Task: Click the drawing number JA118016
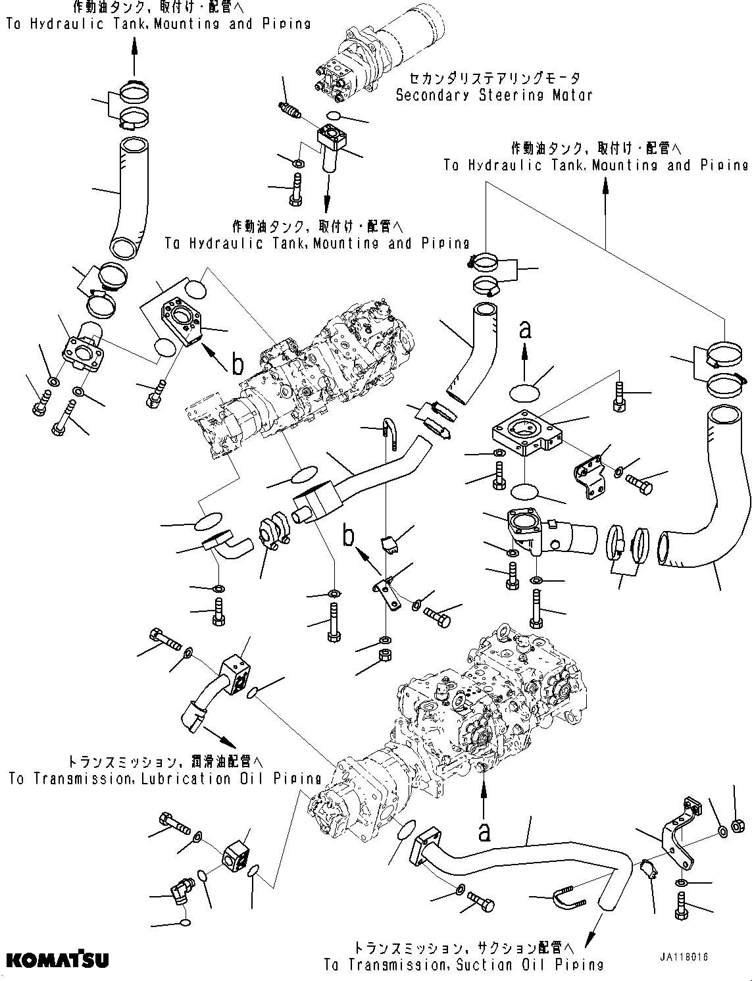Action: point(686,957)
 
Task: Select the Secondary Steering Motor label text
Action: point(493,88)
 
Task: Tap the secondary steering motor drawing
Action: point(362,59)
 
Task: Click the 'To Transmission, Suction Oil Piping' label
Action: point(463,957)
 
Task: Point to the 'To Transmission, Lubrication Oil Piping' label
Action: point(165,770)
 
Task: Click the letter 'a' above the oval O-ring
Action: point(524,330)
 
